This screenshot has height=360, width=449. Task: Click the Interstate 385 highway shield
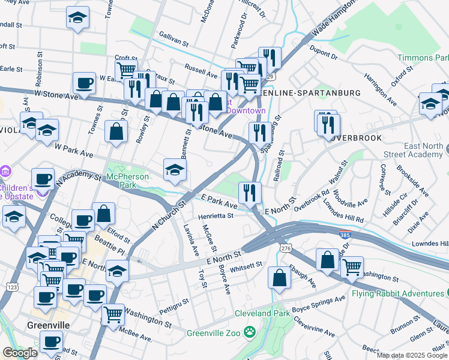[x=345, y=232]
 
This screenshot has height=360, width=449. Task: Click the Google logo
[x=20, y=353]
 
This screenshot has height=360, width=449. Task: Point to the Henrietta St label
[x=216, y=215]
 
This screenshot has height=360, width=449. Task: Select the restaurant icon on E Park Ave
[x=249, y=193]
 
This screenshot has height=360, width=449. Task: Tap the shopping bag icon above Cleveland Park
[x=279, y=277]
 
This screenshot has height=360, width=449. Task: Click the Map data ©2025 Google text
[x=411, y=355]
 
